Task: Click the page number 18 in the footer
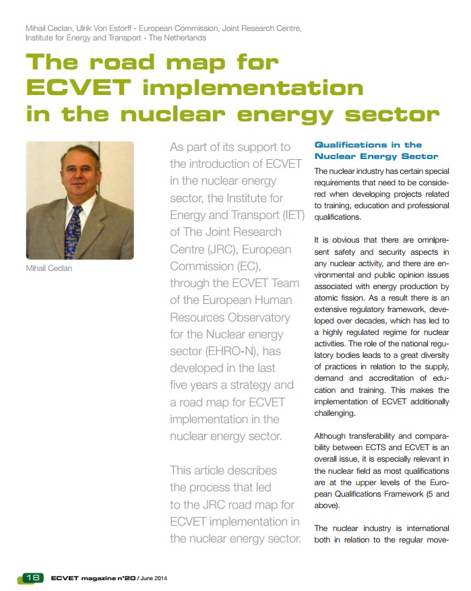[32, 577]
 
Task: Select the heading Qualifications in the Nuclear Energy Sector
[376, 150]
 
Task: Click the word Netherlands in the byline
[179, 38]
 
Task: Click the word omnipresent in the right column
[428, 239]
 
